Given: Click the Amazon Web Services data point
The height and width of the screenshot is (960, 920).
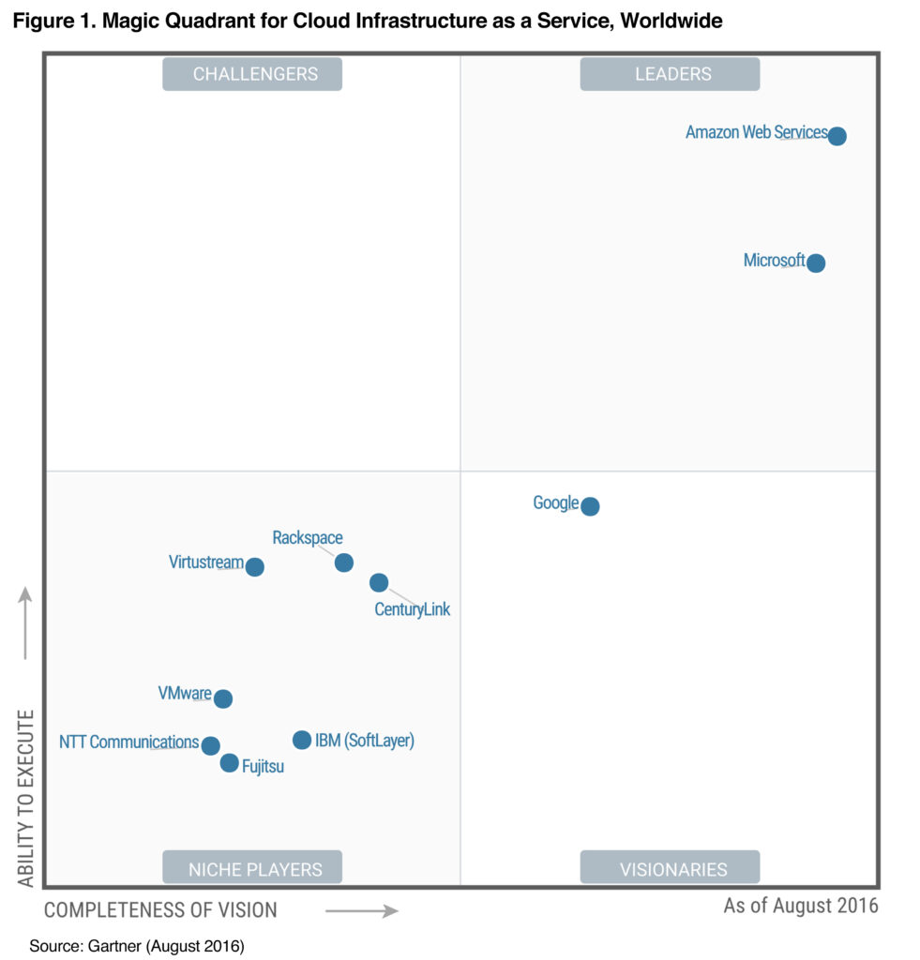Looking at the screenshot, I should pyautogui.click(x=837, y=136).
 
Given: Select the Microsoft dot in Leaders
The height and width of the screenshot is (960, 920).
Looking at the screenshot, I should pyautogui.click(x=816, y=263).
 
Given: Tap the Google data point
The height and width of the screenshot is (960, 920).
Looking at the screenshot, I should pyautogui.click(x=590, y=506).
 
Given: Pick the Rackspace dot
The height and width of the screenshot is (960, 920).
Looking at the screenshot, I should pyautogui.click(x=344, y=562).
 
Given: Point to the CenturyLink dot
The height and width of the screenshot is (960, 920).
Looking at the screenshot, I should pyautogui.click(x=379, y=583).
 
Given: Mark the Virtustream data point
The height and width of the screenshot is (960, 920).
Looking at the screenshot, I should pyautogui.click(x=254, y=567).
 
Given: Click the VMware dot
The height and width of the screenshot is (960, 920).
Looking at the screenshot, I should pyautogui.click(x=223, y=698).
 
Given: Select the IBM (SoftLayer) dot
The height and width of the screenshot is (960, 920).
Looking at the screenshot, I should pyautogui.click(x=302, y=740).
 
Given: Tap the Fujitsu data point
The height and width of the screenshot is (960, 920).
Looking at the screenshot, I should pyautogui.click(x=230, y=763).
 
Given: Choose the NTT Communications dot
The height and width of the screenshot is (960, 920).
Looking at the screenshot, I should pyautogui.click(x=211, y=746).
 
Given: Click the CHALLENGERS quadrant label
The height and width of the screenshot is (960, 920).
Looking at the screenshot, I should pyautogui.click(x=252, y=74).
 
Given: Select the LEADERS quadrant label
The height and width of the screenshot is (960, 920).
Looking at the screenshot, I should pyautogui.click(x=670, y=74).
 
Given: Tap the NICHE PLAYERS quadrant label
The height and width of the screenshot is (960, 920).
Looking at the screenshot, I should pyautogui.click(x=252, y=868).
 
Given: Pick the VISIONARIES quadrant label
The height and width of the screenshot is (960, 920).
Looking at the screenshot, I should pyautogui.click(x=670, y=868).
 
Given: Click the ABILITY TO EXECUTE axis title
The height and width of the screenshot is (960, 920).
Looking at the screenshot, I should pyautogui.click(x=26, y=798).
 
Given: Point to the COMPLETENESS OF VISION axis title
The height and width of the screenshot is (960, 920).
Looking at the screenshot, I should pyautogui.click(x=160, y=909).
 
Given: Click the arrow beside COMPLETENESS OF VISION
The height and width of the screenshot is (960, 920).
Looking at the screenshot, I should pyautogui.click(x=361, y=909).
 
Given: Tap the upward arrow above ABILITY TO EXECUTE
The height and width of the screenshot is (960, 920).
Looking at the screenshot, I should pyautogui.click(x=25, y=622).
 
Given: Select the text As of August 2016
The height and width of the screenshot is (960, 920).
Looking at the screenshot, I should pyautogui.click(x=800, y=906).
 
